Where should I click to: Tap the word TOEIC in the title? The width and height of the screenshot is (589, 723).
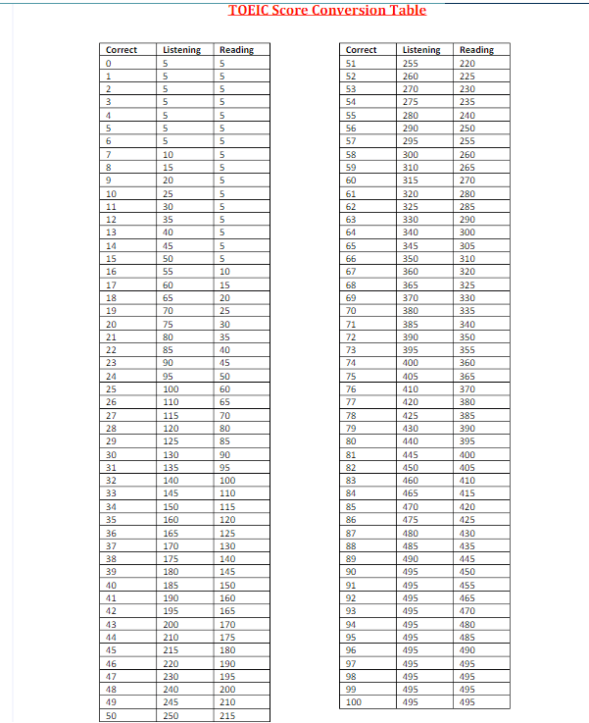click(x=248, y=10)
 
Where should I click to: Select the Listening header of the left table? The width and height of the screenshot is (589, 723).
click(x=181, y=50)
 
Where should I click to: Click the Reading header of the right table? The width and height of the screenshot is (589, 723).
click(x=476, y=50)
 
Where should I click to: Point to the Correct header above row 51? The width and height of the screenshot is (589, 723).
click(x=362, y=50)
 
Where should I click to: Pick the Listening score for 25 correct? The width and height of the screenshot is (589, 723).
click(x=172, y=389)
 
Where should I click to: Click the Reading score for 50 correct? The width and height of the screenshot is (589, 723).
click(x=228, y=716)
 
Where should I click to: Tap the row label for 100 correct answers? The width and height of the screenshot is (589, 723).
click(x=354, y=702)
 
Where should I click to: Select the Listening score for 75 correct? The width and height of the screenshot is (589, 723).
click(x=411, y=377)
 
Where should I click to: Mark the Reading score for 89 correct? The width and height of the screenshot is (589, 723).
click(x=467, y=558)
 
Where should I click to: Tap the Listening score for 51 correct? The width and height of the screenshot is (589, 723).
click(x=411, y=63)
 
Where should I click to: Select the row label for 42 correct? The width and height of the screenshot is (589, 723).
click(x=111, y=611)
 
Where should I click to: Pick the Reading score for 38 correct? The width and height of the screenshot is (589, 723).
click(x=228, y=558)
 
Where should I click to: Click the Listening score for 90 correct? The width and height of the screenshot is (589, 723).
click(x=411, y=572)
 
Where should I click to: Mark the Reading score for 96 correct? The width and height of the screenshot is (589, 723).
click(x=467, y=650)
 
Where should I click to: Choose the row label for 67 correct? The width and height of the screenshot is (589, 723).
click(x=351, y=272)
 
